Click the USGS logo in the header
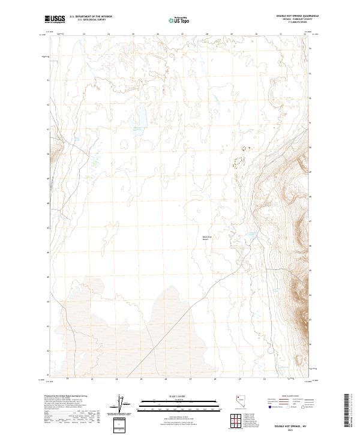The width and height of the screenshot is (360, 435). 55,19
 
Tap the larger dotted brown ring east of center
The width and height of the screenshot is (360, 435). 239,161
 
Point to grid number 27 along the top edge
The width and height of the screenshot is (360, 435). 182,34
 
